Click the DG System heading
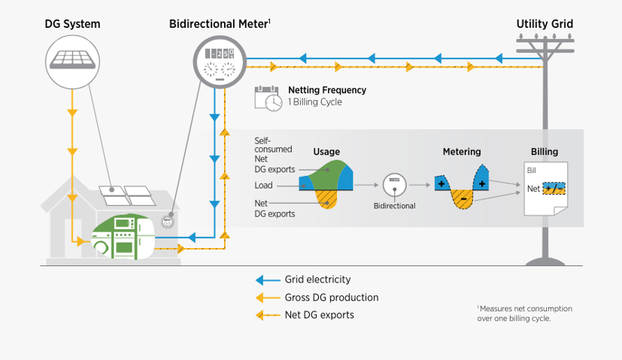coord(73,24)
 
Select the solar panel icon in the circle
coord(73,58)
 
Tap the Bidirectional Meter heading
coord(218,24)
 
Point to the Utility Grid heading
coord(545,24)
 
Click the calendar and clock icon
coord(267,97)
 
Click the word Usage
coord(326,151)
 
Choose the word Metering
coord(461,152)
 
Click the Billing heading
coord(545,152)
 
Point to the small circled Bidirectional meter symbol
coord(394,185)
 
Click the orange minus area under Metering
coord(462,198)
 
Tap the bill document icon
coord(545,188)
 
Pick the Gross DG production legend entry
coord(331,298)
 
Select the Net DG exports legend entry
coord(319,315)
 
